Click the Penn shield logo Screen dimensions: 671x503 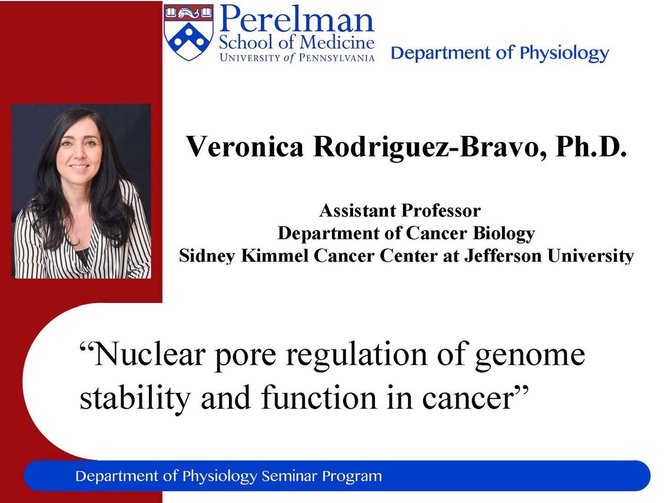[x=189, y=32]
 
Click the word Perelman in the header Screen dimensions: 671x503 [x=297, y=19]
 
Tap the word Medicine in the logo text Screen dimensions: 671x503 [x=337, y=42]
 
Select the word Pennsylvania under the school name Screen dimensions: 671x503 [x=336, y=58]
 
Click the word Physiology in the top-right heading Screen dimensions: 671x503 [x=564, y=54]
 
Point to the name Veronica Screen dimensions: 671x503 [x=244, y=146]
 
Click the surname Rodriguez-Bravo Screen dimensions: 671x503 [x=430, y=148]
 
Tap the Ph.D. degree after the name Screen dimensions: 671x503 [x=591, y=146]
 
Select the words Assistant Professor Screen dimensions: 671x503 [x=400, y=211]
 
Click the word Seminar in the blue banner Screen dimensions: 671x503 [x=289, y=476]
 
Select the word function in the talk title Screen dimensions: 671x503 [x=320, y=398]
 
